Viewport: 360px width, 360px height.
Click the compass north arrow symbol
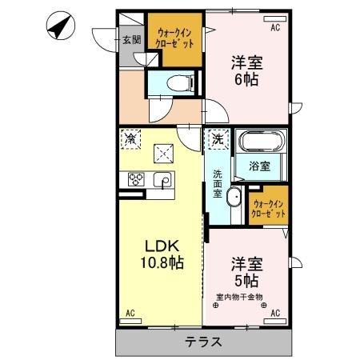tap(58, 26)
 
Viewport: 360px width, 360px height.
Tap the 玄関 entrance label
tap(131, 38)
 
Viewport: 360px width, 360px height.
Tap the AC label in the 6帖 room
tap(274, 28)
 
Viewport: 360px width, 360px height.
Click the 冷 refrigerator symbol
tap(130, 138)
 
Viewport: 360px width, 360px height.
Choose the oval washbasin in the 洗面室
tap(235, 200)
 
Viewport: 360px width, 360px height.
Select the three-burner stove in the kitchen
tap(134, 180)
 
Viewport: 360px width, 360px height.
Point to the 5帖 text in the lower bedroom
tap(246, 281)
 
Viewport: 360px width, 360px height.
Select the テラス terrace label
tap(204, 341)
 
